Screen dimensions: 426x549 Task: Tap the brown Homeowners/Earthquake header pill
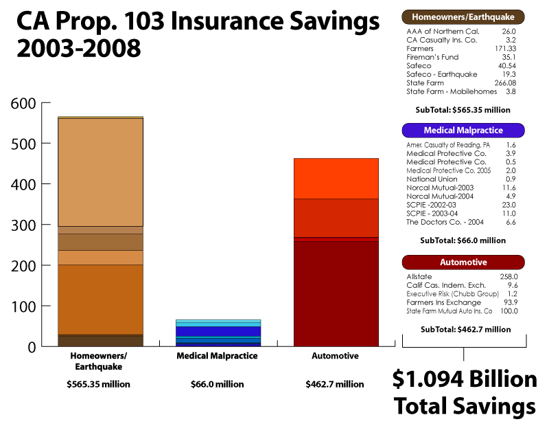[463, 16]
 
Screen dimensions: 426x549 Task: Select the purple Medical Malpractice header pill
[463, 130]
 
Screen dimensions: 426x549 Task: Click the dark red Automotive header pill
[463, 262]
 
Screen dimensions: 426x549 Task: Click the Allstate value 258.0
[507, 276]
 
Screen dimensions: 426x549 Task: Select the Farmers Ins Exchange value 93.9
[508, 302]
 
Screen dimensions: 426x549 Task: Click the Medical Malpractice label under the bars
[217, 356]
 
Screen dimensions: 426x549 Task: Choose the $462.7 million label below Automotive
[335, 384]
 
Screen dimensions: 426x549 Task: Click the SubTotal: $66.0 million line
[463, 240]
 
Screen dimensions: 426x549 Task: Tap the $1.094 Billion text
[465, 379]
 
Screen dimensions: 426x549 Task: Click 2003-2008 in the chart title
[78, 48]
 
